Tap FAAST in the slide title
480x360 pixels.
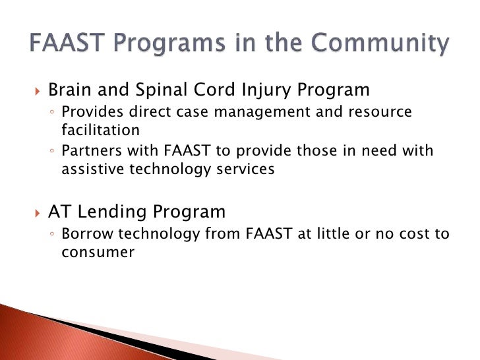pos(67,42)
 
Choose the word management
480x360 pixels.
pos(262,112)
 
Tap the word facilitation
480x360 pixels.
pos(100,130)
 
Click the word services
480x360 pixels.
pos(245,169)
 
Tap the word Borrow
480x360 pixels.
pos(87,234)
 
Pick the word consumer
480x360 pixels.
pos(98,253)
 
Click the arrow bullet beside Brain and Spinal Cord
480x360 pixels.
pos(38,91)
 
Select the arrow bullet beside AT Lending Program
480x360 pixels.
pos(38,213)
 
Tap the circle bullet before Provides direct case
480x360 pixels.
pos(51,112)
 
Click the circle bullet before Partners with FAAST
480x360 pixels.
pos(51,150)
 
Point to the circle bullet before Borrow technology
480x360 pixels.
pos(51,234)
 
